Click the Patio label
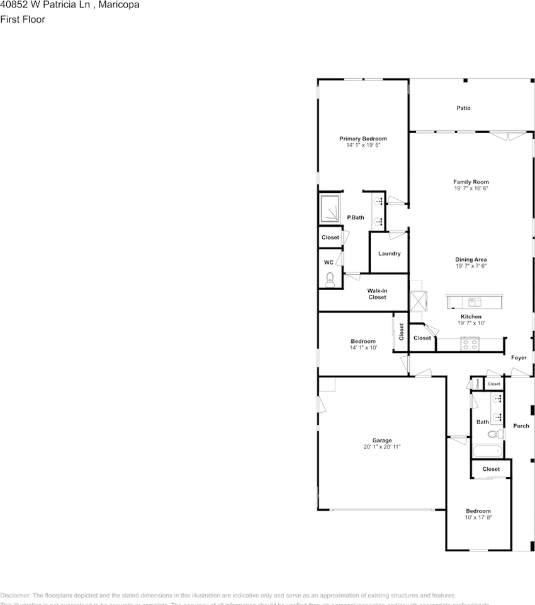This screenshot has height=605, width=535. coord(463,108)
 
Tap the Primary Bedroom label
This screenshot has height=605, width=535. coord(363,139)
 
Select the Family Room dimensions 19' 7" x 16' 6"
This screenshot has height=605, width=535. coord(471,188)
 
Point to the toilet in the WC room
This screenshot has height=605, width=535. coord(330,279)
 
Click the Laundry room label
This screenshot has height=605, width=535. coord(389,254)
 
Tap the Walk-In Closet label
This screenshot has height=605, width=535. coord(377,294)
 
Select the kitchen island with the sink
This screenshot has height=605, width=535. coord(476,302)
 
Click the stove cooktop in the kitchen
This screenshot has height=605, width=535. coord(470,343)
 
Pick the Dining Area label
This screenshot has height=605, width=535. coord(471,260)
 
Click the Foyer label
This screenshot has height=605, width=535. coord(519,358)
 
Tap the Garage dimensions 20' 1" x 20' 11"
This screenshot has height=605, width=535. coord(382,447)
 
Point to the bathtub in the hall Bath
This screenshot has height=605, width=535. coord(487,451)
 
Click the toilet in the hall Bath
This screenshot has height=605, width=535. coord(496,434)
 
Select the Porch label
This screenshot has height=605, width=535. coord(521,426)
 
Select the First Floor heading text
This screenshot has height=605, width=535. coord(23,20)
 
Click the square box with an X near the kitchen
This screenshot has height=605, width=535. coord(419,301)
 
